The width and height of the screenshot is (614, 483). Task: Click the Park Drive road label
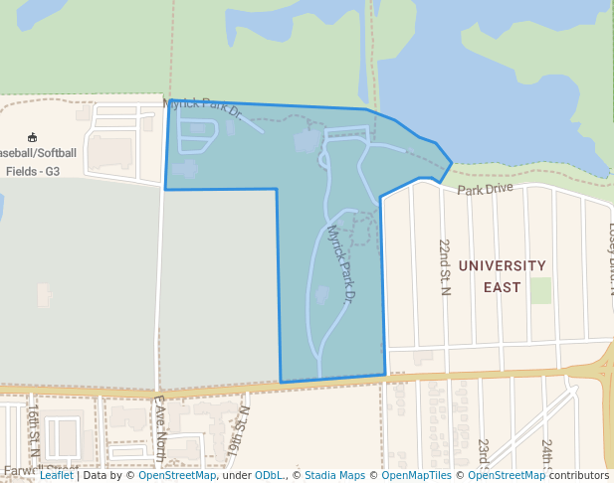point(486,189)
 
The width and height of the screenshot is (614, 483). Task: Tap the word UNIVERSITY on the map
point(503,266)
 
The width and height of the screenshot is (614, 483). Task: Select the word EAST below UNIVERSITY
point(502,287)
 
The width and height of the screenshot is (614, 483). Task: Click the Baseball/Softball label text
point(37,153)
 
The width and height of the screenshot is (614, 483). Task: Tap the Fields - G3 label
point(33,171)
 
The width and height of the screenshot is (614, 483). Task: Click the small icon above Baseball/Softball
point(32,137)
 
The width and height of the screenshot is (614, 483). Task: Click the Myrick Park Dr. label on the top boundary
point(203,106)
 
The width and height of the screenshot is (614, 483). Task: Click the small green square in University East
point(540,290)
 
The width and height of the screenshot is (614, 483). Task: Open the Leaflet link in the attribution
point(56,475)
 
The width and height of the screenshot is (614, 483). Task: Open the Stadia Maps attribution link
point(334,475)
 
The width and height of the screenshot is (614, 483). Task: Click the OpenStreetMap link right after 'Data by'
point(177,475)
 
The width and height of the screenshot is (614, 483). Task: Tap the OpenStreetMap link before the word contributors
point(507,475)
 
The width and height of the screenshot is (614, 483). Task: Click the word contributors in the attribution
point(579,475)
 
